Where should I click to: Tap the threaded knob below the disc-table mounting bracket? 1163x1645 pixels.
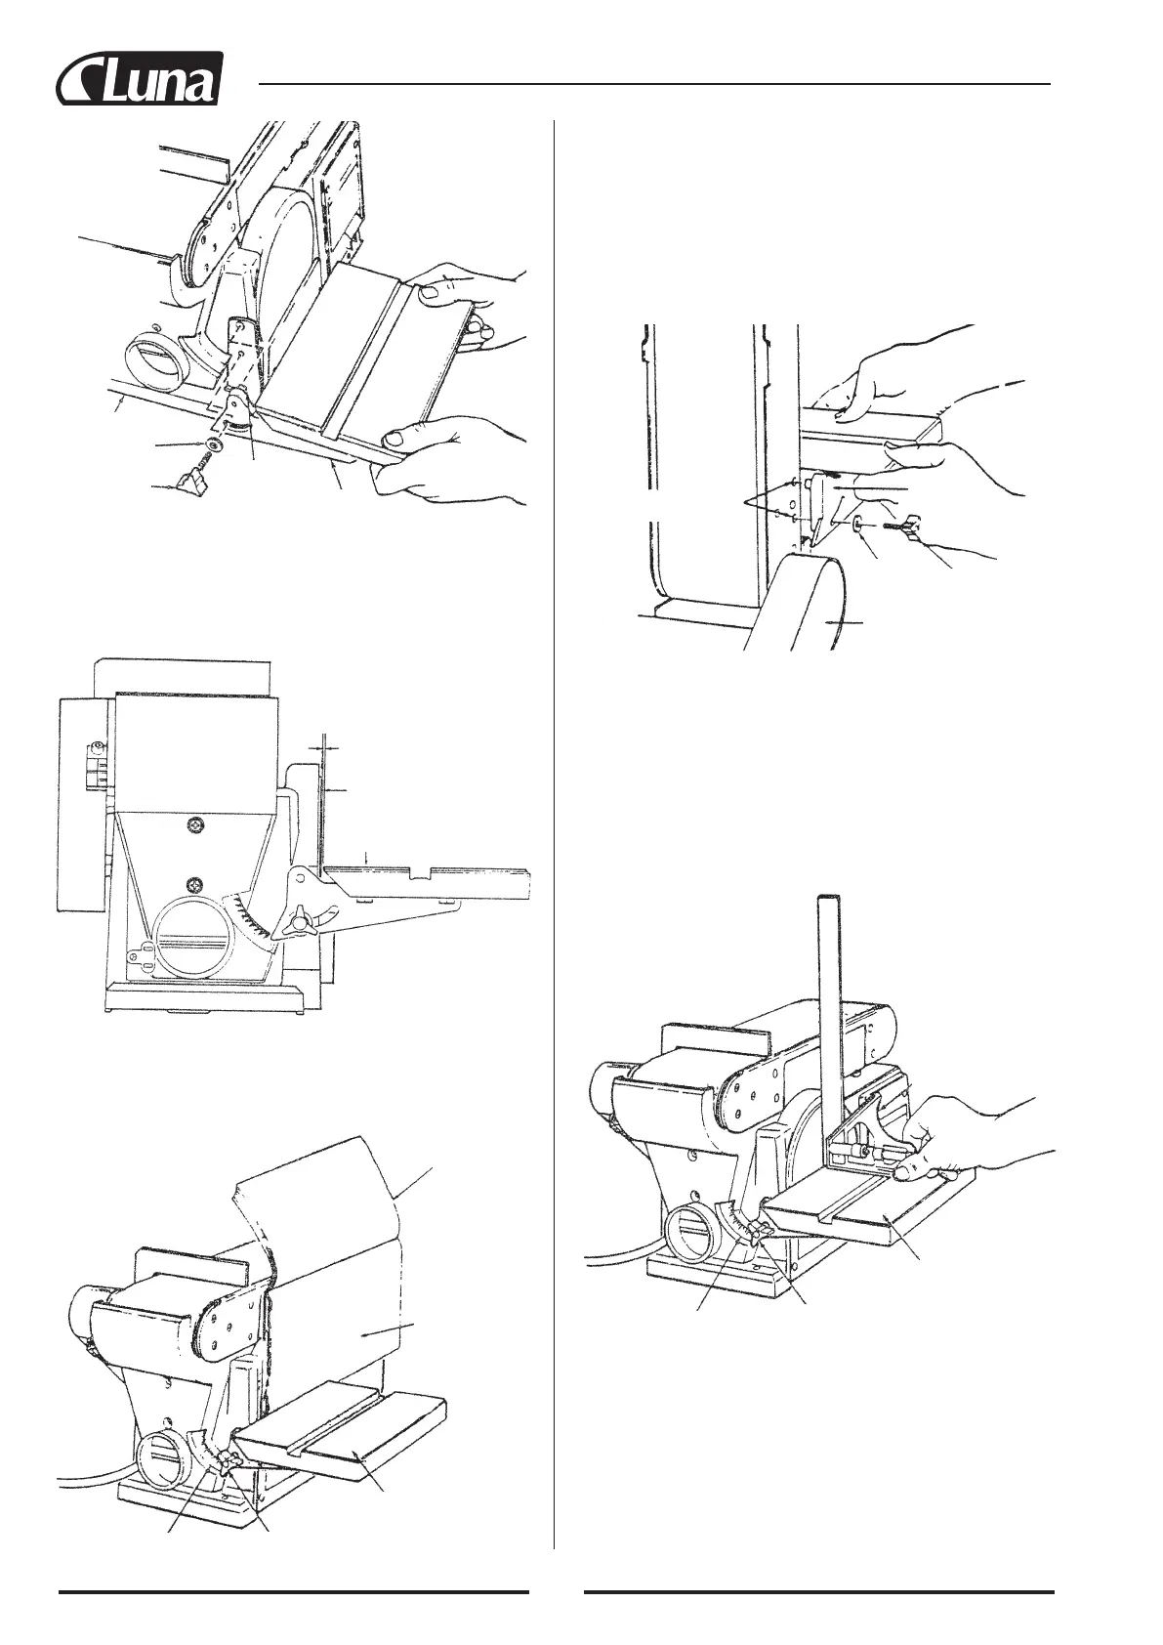[195, 482]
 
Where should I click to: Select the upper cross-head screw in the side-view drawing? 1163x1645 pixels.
[196, 826]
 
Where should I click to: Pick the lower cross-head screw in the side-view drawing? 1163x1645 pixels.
[196, 884]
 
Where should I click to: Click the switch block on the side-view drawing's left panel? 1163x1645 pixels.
[95, 767]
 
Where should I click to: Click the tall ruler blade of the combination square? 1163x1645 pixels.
[830, 1006]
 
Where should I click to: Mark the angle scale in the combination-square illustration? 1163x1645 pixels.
[732, 1223]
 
